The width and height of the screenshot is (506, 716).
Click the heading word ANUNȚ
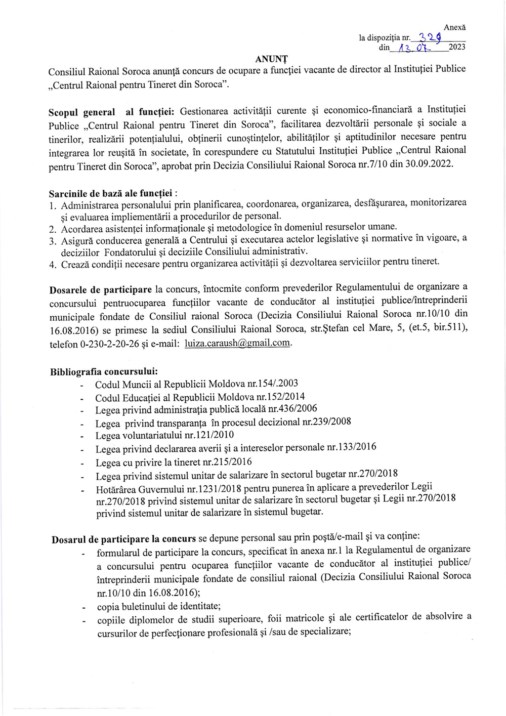(271, 59)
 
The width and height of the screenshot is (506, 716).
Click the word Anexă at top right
(454, 28)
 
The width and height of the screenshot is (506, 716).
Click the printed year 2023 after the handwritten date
(457, 47)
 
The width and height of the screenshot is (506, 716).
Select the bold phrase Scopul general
(82, 112)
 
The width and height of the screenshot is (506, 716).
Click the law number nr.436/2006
(292, 408)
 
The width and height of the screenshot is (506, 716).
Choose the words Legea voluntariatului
(139, 436)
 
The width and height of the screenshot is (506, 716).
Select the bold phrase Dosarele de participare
(100, 290)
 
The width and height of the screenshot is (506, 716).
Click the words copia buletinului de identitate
(158, 606)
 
